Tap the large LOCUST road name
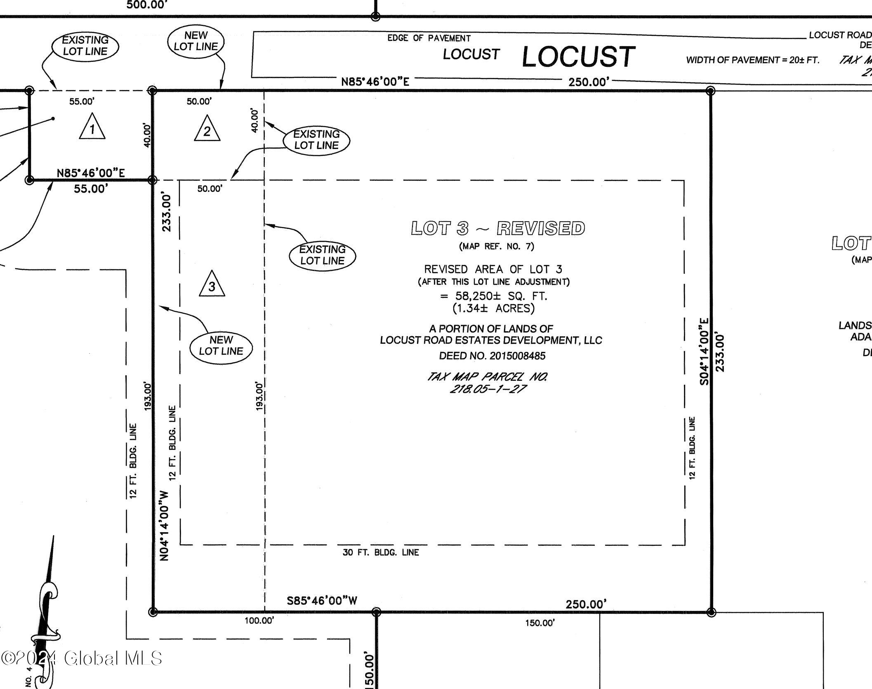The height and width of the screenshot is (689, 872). click(578, 57)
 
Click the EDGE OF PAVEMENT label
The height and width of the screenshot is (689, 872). click(429, 38)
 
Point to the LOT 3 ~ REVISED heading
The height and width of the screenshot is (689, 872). click(498, 228)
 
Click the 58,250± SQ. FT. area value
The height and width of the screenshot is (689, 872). click(494, 296)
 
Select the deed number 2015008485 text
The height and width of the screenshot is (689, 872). click(492, 356)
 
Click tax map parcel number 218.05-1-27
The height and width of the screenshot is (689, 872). click(488, 389)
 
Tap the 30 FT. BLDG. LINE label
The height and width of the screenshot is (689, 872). click(380, 552)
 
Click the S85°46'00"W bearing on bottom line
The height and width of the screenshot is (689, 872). click(322, 601)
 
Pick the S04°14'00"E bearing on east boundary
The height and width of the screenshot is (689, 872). click(705, 351)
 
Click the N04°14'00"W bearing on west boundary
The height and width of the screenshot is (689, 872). click(165, 526)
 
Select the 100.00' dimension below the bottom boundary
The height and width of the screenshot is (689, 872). click(259, 621)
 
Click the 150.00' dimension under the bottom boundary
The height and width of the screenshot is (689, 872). click(540, 623)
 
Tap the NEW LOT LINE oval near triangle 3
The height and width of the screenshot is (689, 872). click(221, 345)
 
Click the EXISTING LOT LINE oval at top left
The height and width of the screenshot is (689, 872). click(85, 46)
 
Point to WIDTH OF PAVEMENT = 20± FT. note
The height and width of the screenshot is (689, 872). click(752, 60)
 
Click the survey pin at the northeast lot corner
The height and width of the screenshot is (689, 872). click(710, 91)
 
